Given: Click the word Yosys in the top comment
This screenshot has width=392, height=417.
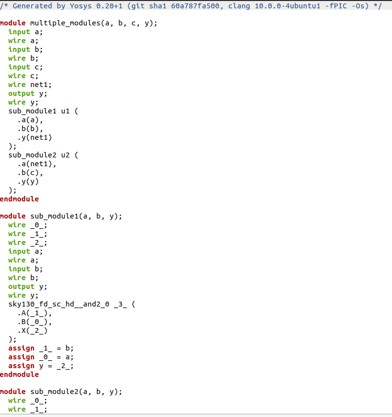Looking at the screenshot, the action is pos(81,6).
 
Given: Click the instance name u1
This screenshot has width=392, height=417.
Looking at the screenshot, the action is pos(65,111).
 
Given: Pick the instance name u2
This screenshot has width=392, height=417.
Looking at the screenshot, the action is pos(65,155).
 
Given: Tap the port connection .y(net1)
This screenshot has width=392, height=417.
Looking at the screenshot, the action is pos(35,137).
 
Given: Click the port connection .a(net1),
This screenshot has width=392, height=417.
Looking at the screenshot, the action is pos(37,164).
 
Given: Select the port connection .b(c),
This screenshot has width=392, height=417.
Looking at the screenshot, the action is pos(30,173).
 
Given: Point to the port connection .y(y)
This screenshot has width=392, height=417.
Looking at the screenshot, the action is pos(28,182).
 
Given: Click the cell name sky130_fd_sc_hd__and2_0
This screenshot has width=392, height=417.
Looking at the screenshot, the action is pos(59,304).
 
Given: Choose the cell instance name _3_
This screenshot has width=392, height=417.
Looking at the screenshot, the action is pos(120,304).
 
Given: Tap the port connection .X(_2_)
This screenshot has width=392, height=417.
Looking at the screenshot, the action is pos(32,330).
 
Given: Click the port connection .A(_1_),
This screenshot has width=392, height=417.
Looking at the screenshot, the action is pos(35,313).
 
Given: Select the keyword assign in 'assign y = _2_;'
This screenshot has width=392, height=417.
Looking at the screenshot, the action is pos(22,366).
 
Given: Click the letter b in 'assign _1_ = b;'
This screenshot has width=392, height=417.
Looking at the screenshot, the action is pos(67,348).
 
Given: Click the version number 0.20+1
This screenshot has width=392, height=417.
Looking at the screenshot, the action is pos(109,6).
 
